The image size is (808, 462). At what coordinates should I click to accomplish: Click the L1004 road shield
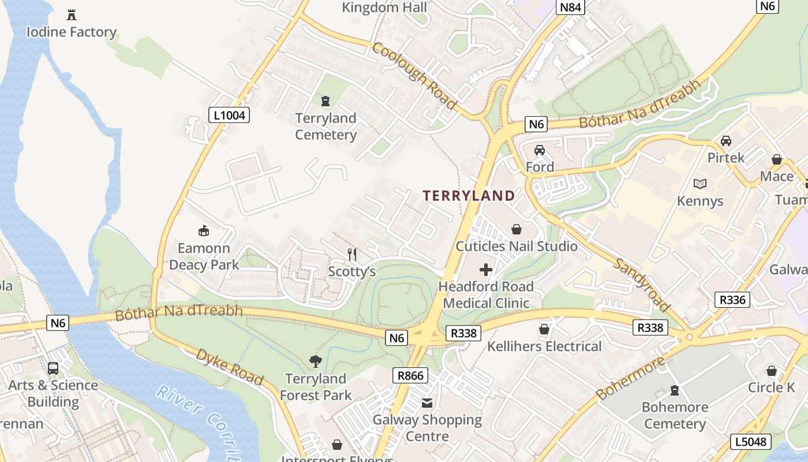tap(229, 115)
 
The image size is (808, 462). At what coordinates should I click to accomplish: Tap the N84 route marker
tap(571, 7)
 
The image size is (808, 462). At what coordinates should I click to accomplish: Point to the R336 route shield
tap(732, 300)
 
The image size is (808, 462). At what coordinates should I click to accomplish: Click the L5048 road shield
tap(751, 442)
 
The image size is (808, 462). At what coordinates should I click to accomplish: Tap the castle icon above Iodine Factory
tap(72, 14)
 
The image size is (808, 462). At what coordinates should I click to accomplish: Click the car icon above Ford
tap(539, 150)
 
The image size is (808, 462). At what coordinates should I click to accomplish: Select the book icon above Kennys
tap(700, 184)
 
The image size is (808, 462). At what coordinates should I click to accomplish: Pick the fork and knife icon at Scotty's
tap(352, 254)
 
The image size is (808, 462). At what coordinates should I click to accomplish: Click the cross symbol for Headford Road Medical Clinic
tap(486, 269)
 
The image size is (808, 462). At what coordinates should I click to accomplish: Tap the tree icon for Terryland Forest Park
tap(315, 362)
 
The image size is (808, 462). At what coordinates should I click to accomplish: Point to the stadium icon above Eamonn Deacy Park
tap(203, 231)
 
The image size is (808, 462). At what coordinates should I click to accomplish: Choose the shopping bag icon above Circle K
tap(772, 370)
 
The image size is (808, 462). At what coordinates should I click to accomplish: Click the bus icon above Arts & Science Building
tap(53, 368)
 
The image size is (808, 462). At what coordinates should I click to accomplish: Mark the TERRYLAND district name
tap(469, 196)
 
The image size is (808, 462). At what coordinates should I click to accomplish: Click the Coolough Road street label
tap(414, 75)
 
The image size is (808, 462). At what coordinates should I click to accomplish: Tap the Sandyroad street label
tap(641, 285)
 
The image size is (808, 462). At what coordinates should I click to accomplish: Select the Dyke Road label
tap(230, 367)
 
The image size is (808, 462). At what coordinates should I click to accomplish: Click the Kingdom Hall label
tap(384, 8)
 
